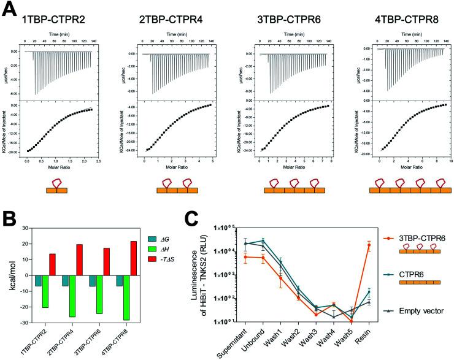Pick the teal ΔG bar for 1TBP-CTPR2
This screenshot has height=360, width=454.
[x=38, y=281]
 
